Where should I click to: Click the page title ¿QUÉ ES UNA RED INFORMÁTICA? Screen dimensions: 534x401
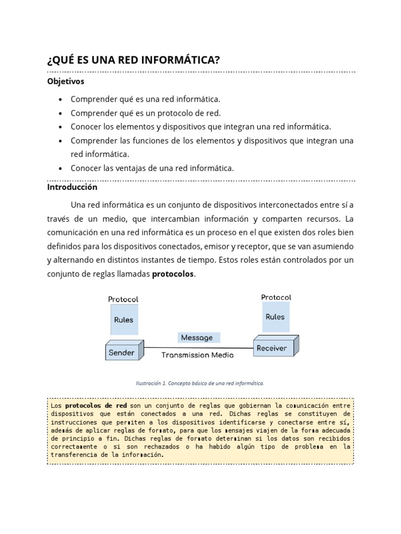pos(133,60)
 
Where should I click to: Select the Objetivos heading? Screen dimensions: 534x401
pos(66,81)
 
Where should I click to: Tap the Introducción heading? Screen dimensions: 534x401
pos(72,187)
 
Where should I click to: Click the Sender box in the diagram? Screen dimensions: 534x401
pos(122,352)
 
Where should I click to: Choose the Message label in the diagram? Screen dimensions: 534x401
pos(197,337)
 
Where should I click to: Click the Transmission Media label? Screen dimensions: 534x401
pos(197,355)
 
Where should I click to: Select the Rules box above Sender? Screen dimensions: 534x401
pos(124,320)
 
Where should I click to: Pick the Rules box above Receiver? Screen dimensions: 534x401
pos(275,317)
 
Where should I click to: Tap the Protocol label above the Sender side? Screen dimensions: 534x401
pos(123,299)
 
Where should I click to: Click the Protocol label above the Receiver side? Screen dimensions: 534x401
pos(276,297)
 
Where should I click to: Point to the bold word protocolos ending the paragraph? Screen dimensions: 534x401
pos(172,274)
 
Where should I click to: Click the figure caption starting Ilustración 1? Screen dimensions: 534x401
pos(200,383)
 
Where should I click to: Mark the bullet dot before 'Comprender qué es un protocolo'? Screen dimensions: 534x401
pos(61,113)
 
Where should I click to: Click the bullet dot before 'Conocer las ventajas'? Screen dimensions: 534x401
pos(61,168)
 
